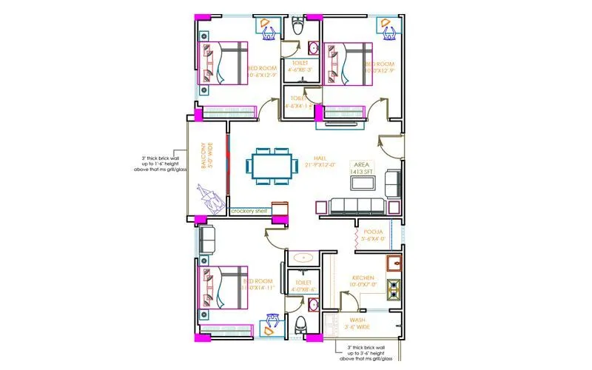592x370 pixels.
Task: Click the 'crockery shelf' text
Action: [249, 211]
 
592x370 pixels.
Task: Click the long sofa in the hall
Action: [356, 206]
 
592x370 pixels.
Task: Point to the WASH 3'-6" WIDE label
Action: [358, 323]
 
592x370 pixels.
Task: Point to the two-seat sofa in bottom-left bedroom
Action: [206, 239]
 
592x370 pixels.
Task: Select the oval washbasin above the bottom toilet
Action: [303, 258]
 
